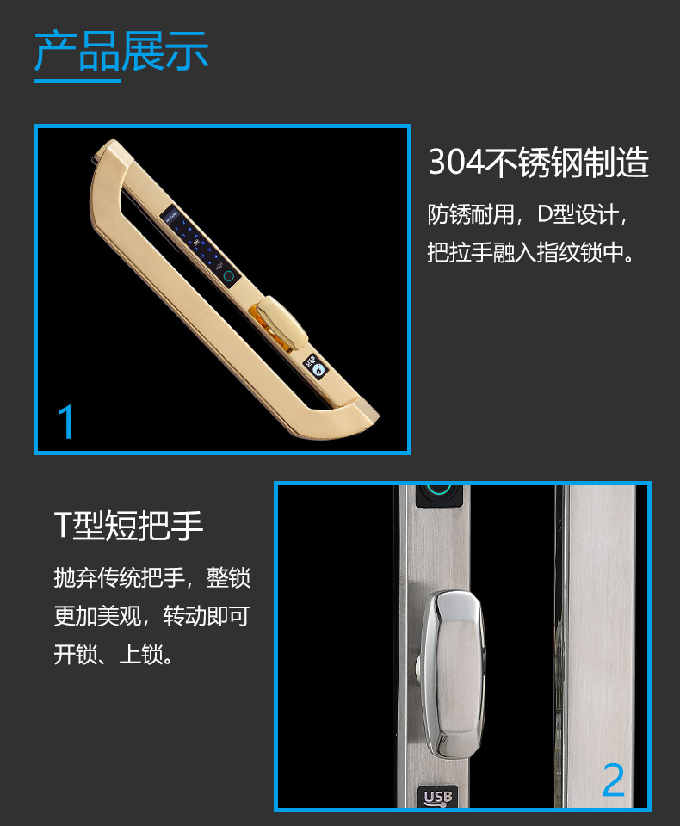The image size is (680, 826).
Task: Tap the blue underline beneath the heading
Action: pyautogui.click(x=77, y=82)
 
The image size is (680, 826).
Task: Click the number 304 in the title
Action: pyautogui.click(x=456, y=163)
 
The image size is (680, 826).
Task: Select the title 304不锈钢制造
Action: pyautogui.click(x=538, y=163)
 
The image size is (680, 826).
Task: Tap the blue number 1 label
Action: pyautogui.click(x=65, y=422)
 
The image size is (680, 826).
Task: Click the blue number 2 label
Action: pyautogui.click(x=613, y=780)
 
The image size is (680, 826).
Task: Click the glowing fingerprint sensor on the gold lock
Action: pyautogui.click(x=230, y=277)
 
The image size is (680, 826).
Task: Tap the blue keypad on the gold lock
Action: pyautogui.click(x=199, y=241)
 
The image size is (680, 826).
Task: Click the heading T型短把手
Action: pyautogui.click(x=128, y=525)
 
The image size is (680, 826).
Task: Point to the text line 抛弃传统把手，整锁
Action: pyautogui.click(x=151, y=577)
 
